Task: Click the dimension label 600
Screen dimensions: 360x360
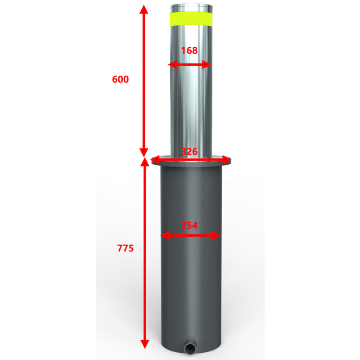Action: (x=120, y=80)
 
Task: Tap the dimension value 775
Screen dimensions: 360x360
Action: (x=125, y=248)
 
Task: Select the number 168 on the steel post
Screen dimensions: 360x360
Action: (x=189, y=51)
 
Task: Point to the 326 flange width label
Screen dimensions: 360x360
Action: (x=189, y=152)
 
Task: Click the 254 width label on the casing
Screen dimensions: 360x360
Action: (x=189, y=226)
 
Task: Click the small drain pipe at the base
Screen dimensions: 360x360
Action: (x=190, y=347)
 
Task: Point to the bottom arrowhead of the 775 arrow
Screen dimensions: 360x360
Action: (x=144, y=344)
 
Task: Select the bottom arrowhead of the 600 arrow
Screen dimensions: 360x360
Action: (x=144, y=151)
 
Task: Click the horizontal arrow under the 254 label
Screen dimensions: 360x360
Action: (x=191, y=235)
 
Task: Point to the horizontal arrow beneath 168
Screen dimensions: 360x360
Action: (x=189, y=65)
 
